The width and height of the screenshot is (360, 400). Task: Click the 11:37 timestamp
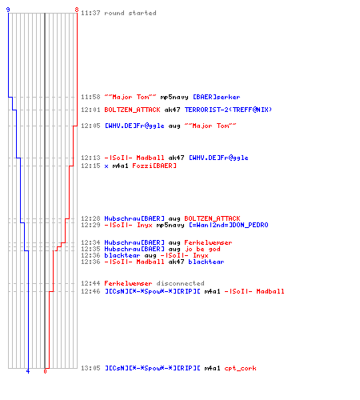tap(90, 13)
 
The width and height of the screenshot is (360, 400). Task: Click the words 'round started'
tap(130, 13)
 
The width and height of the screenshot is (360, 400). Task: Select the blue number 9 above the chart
tap(8, 10)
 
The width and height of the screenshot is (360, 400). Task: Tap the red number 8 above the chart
tap(77, 10)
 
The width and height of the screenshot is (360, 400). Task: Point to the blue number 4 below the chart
tap(28, 371)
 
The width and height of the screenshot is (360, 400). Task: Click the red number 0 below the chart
tap(45, 371)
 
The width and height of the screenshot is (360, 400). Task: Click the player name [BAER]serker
tap(216, 97)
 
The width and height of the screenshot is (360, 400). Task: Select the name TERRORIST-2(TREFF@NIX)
tap(228, 110)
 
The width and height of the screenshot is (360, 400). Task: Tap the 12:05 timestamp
tap(90, 126)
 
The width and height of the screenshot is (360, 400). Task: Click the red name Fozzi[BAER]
tap(154, 166)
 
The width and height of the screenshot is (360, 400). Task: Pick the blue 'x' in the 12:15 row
tap(106, 166)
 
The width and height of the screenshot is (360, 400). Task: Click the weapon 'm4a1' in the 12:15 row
tap(120, 166)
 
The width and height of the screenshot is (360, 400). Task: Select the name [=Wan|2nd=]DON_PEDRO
tap(229, 225)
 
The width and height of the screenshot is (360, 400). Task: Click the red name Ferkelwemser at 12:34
tap(208, 242)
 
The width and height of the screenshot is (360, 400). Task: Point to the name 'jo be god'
tap(202, 249)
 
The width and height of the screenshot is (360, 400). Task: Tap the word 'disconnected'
tap(180, 283)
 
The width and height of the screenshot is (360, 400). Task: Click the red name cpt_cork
tap(240, 368)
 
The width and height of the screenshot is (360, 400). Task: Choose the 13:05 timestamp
tap(90, 368)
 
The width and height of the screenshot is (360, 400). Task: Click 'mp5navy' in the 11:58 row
tap(174, 98)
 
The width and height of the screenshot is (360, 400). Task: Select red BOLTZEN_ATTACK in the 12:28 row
tap(212, 218)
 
